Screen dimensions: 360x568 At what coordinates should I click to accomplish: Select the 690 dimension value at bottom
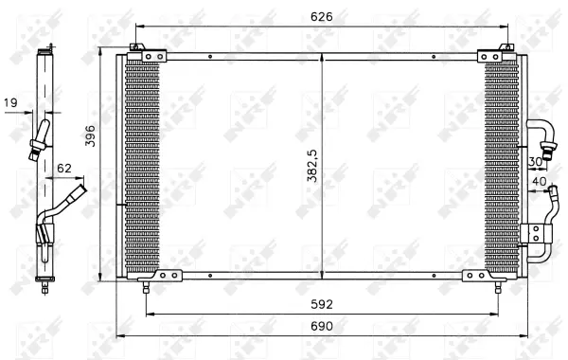tap(324, 325)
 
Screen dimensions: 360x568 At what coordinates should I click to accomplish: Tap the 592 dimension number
tap(324, 303)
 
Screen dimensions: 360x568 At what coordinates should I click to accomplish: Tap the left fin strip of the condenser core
tap(142, 166)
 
